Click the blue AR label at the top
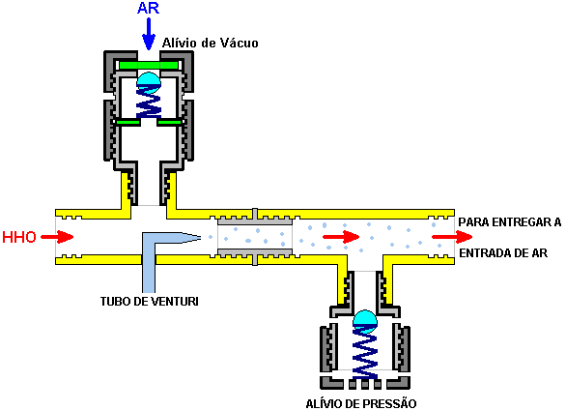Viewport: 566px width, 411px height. click(149, 9)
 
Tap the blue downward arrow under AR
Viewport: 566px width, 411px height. click(149, 34)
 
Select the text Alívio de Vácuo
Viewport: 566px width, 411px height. click(211, 43)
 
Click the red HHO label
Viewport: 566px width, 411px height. click(19, 237)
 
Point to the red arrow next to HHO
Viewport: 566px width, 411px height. click(57, 237)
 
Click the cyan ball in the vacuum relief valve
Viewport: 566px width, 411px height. click(149, 81)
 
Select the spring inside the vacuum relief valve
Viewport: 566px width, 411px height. click(149, 103)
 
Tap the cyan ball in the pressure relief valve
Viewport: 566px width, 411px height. click(365, 321)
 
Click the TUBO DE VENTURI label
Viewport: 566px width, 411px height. click(150, 301)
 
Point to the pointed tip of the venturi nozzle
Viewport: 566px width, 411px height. click(200, 237)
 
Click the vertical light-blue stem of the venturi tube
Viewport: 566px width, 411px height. click(149, 268)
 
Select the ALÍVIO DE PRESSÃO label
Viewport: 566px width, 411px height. click(361, 403)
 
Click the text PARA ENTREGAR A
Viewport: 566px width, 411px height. click(510, 222)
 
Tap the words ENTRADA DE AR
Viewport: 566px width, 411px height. click(503, 253)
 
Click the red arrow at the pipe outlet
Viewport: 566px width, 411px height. click(452, 237)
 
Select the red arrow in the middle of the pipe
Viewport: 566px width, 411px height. click(341, 237)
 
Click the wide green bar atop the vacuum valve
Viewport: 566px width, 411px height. click(149, 66)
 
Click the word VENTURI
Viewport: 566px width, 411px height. click(174, 301)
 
